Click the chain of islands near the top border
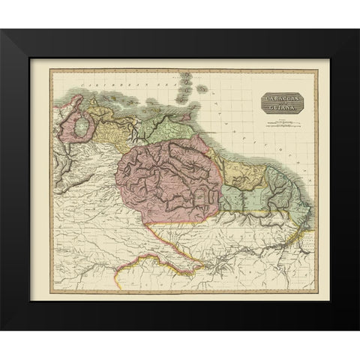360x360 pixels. [x=187, y=82]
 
